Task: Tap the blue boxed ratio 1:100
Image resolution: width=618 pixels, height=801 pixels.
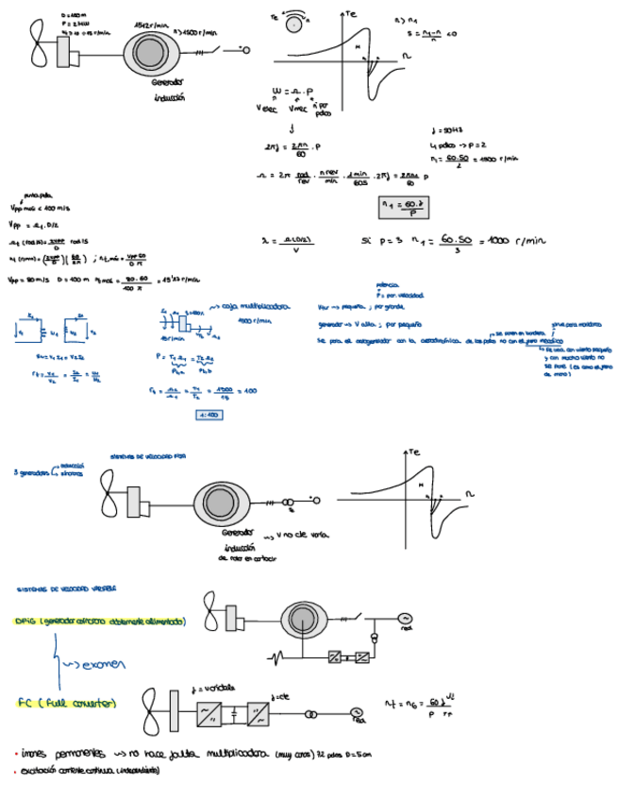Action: tap(209, 414)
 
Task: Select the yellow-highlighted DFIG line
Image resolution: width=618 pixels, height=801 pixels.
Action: tap(101, 621)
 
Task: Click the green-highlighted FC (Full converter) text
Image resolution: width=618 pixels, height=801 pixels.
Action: tap(67, 703)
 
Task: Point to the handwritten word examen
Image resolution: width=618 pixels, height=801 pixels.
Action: tap(93, 663)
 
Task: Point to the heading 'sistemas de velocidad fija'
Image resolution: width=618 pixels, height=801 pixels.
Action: tap(148, 455)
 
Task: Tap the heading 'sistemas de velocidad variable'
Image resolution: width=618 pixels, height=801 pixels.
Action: tap(67, 588)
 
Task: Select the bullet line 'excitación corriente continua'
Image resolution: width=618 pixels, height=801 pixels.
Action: tap(90, 771)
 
